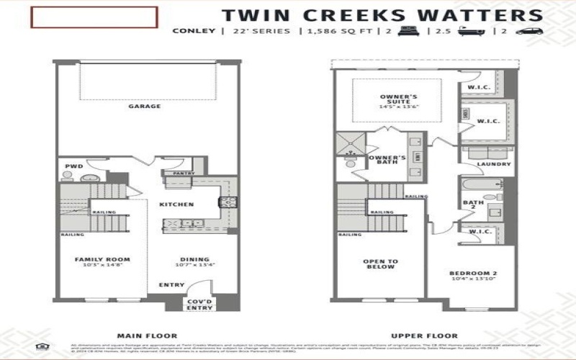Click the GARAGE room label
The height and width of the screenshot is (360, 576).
(x=145, y=107)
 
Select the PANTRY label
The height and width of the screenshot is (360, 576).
(x=184, y=173)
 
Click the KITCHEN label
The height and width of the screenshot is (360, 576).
(x=176, y=204)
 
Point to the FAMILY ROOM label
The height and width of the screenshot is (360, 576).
(x=102, y=259)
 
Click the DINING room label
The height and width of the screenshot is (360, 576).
(x=195, y=259)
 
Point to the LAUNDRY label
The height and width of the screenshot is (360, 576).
(x=493, y=164)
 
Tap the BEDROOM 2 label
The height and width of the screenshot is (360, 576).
(x=473, y=274)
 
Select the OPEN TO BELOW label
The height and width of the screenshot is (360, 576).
(x=380, y=264)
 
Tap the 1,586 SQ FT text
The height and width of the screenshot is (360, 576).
(x=333, y=31)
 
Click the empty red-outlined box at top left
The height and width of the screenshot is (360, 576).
(x=94, y=17)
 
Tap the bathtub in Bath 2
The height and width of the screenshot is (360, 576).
(x=482, y=185)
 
